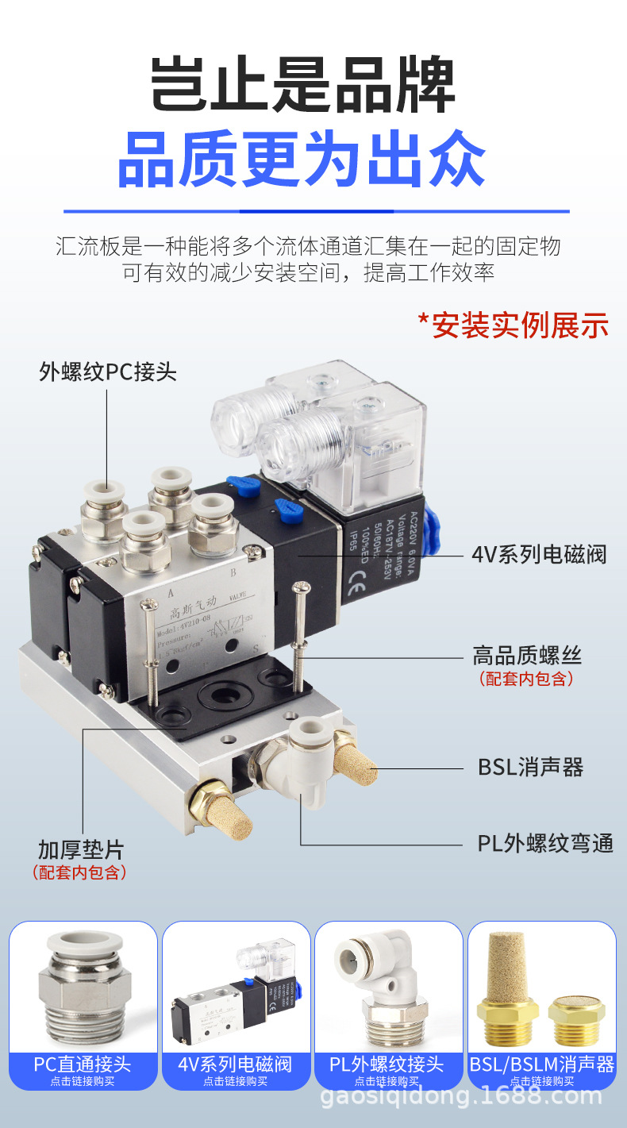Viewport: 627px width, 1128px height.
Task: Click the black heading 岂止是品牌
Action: [303, 85]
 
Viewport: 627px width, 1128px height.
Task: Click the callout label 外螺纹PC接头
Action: [108, 372]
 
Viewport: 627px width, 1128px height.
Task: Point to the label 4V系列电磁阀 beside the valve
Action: [539, 553]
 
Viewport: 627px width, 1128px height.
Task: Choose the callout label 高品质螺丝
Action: [527, 656]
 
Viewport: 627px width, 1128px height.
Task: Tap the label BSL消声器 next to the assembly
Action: [530, 768]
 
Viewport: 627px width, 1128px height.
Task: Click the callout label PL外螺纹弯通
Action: [545, 843]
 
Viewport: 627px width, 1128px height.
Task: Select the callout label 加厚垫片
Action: [81, 850]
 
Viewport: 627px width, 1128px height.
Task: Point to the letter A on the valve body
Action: [171, 592]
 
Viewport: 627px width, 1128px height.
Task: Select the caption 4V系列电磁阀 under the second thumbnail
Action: [236, 1064]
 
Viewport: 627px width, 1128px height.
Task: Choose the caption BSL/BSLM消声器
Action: [542, 1064]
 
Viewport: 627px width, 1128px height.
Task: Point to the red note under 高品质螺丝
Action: [526, 679]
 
